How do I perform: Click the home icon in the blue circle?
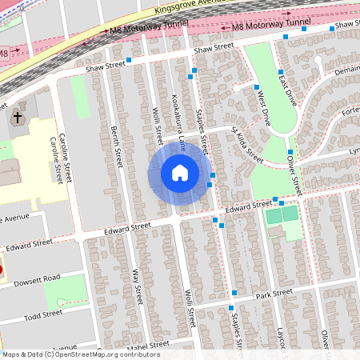(180, 173)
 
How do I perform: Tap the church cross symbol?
(17, 118)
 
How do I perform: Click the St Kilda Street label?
(247, 143)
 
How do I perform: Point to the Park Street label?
(274, 294)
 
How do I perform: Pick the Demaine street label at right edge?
(340, 70)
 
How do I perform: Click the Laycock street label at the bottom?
(282, 340)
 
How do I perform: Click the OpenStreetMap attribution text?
(80, 354)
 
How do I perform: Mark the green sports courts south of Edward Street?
(281, 214)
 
